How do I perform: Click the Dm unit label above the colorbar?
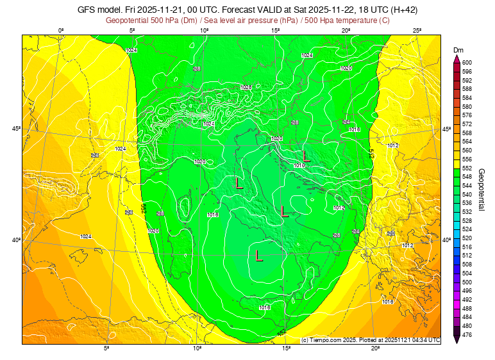click(458, 50)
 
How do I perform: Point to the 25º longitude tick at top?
click(417, 30)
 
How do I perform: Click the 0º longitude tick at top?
click(62, 30)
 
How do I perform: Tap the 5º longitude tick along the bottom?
click(106, 348)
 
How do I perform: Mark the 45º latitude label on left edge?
click(17, 129)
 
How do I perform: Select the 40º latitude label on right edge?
click(447, 240)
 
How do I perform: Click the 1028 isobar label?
click(246, 87)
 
